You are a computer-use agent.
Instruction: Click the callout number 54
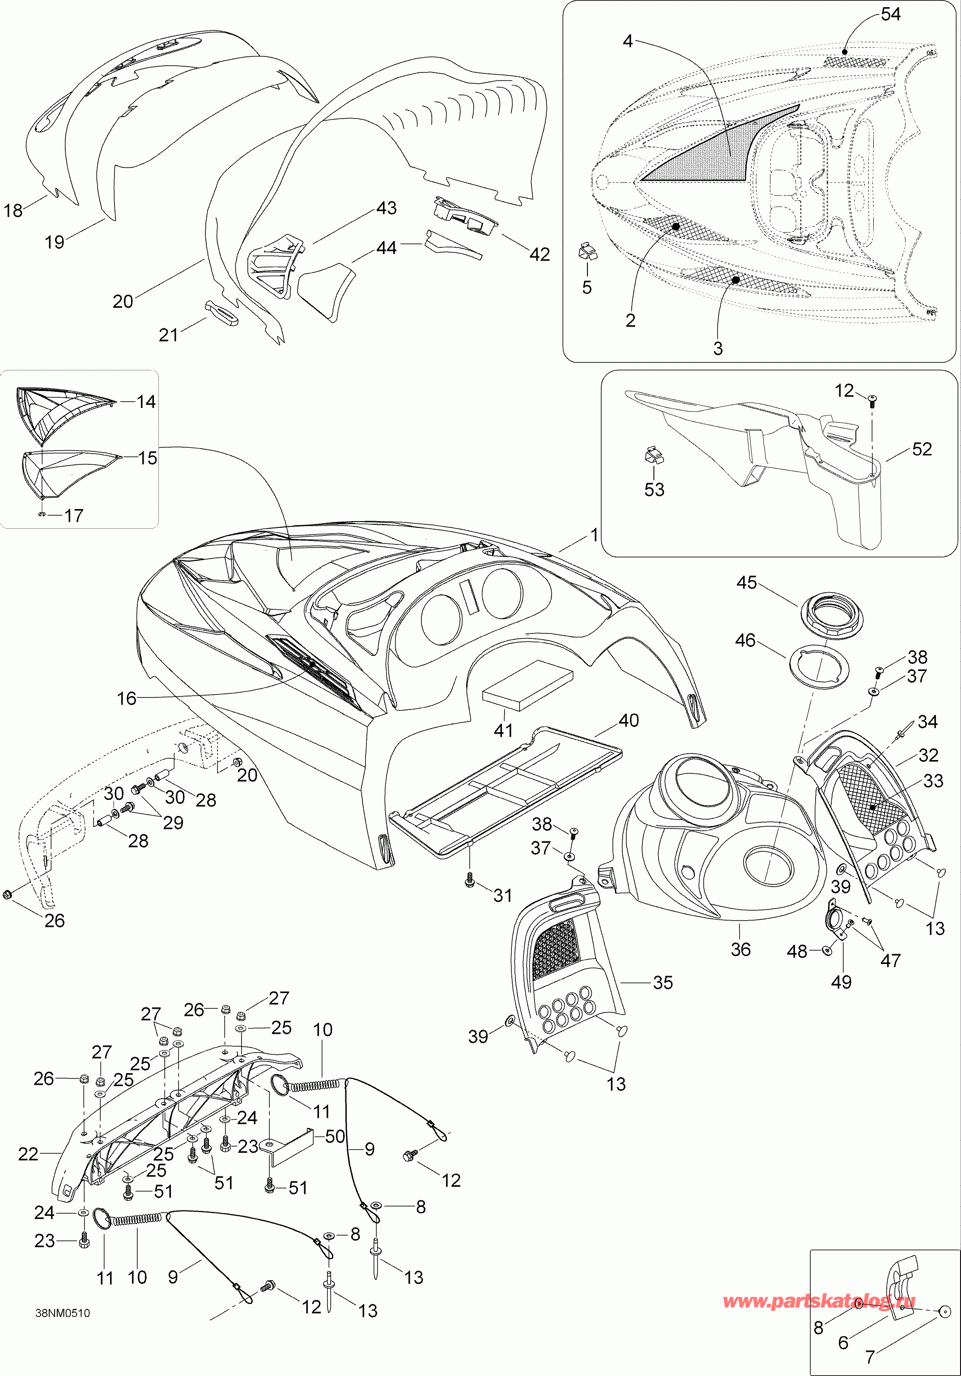(890, 14)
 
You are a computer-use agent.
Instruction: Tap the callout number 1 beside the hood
(594, 535)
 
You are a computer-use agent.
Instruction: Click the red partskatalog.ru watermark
(819, 1301)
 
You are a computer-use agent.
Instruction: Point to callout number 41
(503, 730)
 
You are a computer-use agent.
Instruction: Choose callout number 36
(740, 949)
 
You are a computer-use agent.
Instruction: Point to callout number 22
(28, 1154)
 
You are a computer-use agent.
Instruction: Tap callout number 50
(335, 1136)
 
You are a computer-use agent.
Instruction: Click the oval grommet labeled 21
(222, 313)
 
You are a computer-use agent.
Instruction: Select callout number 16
(127, 698)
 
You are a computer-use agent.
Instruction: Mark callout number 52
(922, 450)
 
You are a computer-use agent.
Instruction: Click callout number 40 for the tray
(628, 720)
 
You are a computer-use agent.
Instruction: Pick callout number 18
(13, 210)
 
